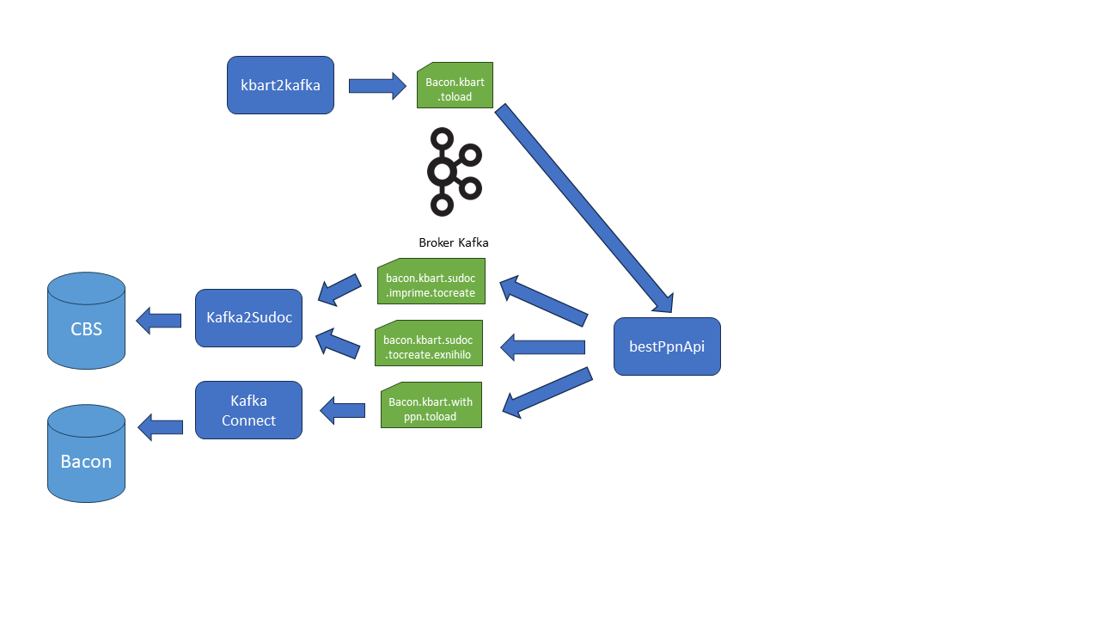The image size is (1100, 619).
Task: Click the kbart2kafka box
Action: (x=280, y=85)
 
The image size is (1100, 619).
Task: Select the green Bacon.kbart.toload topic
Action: (x=455, y=85)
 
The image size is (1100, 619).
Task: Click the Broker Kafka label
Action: (x=453, y=242)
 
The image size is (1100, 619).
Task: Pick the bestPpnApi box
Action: (x=667, y=346)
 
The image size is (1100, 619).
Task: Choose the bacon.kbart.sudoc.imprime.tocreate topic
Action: (x=431, y=281)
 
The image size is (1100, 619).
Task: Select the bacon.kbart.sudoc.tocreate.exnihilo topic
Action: (x=428, y=343)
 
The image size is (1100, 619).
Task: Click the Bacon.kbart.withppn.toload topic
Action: (x=431, y=405)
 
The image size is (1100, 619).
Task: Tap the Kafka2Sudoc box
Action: (x=248, y=318)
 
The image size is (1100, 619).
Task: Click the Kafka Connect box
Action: (x=248, y=410)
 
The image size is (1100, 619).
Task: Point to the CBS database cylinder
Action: (x=86, y=322)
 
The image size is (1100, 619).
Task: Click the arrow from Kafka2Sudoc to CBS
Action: (x=159, y=321)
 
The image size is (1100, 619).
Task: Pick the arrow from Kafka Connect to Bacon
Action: (x=160, y=427)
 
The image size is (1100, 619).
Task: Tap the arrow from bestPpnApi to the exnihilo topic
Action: (x=543, y=347)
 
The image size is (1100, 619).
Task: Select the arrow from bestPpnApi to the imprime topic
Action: (x=543, y=300)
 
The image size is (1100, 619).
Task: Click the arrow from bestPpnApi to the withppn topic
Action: (x=547, y=393)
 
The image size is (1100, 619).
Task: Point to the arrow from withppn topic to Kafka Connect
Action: (x=343, y=410)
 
